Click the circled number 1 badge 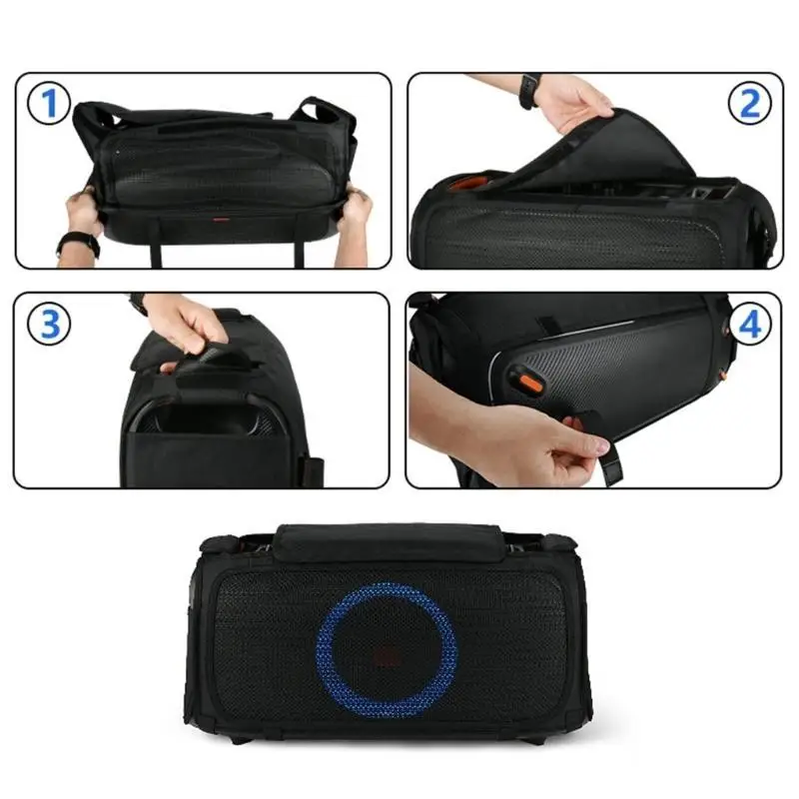tap(48, 103)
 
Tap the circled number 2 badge tap(750, 103)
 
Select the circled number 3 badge tap(49, 324)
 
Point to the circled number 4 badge tap(750, 324)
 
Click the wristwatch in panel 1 tap(78, 244)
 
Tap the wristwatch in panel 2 tap(530, 90)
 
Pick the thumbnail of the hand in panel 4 tap(602, 446)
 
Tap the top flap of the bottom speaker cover tap(390, 542)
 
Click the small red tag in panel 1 tap(221, 220)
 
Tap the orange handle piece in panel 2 tap(462, 183)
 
